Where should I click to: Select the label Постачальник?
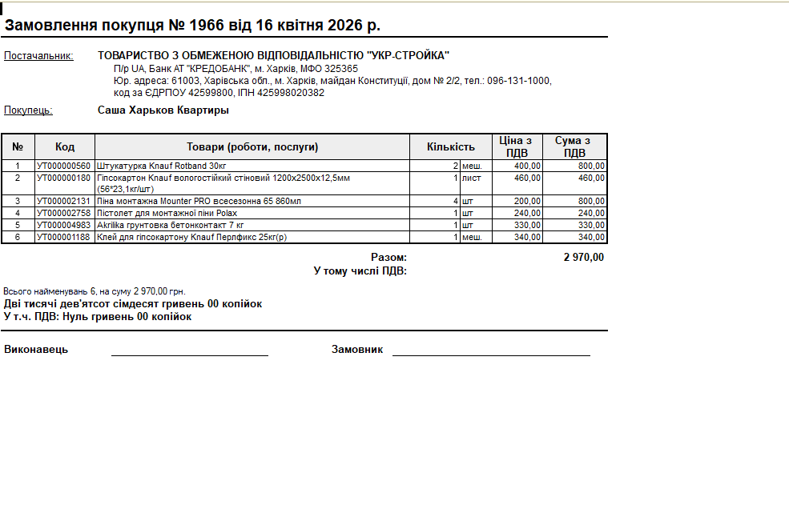(x=38, y=56)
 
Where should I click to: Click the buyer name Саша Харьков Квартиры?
(x=163, y=110)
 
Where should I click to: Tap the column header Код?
(x=65, y=147)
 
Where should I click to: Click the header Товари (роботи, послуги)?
(x=252, y=147)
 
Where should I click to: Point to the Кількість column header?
(x=451, y=147)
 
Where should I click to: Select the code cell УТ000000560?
(x=64, y=166)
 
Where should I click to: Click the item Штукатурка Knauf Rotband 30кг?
(x=162, y=166)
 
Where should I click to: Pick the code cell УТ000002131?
(x=64, y=201)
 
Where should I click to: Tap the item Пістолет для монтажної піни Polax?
(x=167, y=213)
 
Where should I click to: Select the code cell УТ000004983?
(x=64, y=225)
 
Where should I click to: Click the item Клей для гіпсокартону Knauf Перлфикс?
(x=191, y=237)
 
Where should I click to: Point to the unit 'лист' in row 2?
(x=472, y=178)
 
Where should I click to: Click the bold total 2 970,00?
(x=583, y=258)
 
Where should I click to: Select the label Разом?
(x=388, y=258)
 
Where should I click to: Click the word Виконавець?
(x=36, y=350)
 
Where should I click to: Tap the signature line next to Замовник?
(x=490, y=355)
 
